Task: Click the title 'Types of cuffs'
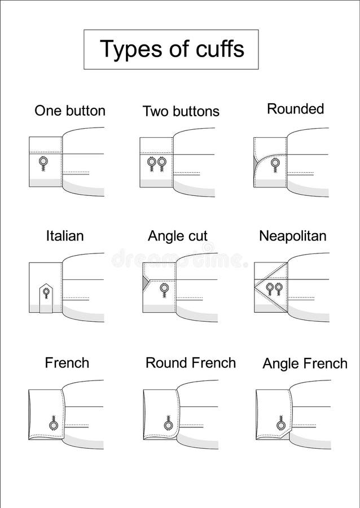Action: click(x=172, y=49)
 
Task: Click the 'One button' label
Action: click(x=70, y=111)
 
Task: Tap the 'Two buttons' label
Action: click(x=181, y=111)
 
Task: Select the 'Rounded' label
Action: click(x=295, y=109)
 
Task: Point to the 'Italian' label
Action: click(x=65, y=235)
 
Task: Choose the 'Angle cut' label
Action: click(x=178, y=236)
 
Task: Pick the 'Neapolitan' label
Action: click(x=292, y=236)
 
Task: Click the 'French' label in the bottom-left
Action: click(x=67, y=362)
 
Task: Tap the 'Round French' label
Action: click(x=190, y=362)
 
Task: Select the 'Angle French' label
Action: click(x=305, y=364)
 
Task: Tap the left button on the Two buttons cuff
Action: click(x=152, y=163)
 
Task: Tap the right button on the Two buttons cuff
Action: click(x=162, y=163)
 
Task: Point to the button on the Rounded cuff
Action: click(x=275, y=163)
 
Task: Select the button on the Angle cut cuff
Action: click(x=164, y=288)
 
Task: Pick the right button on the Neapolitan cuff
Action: click(x=279, y=287)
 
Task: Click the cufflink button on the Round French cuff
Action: click(x=168, y=424)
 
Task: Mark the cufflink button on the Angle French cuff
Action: click(x=280, y=424)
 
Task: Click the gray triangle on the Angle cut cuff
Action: click(x=147, y=279)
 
